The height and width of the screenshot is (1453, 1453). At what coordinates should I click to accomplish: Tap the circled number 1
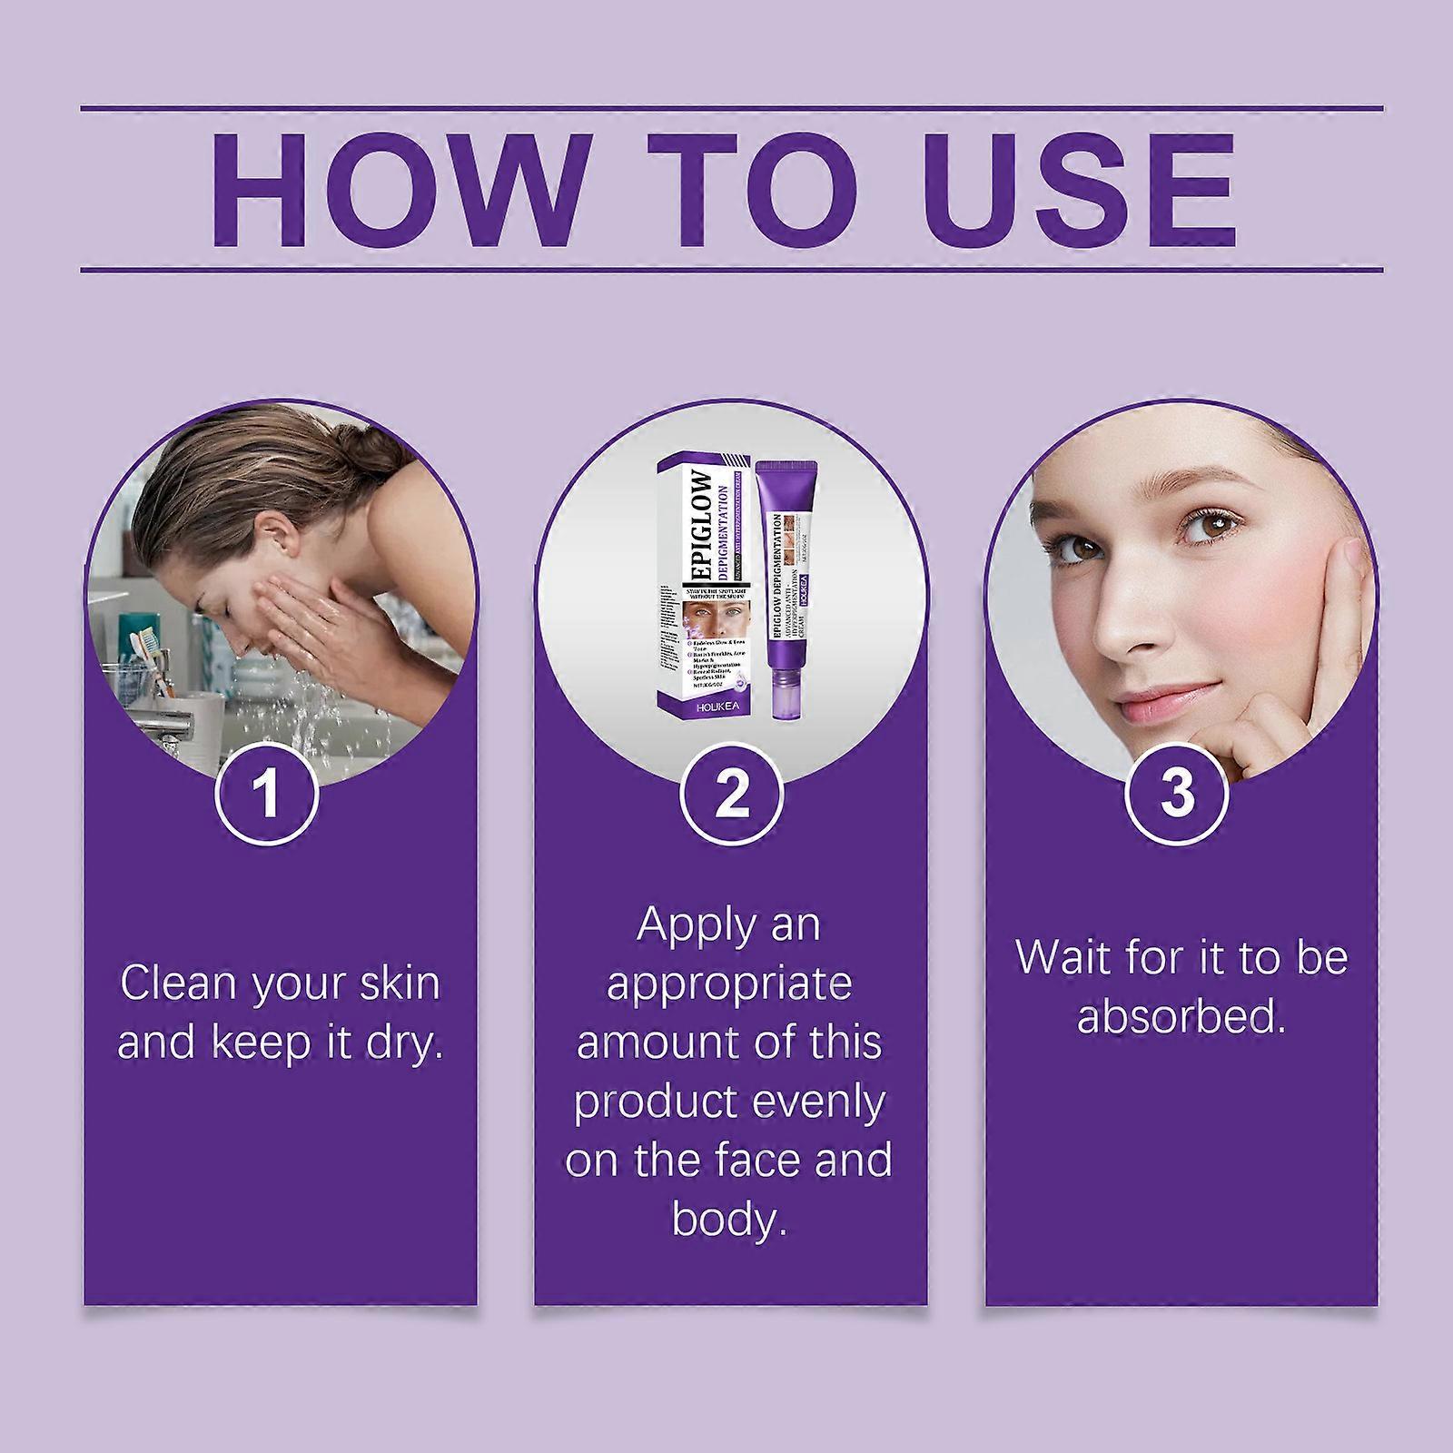pos(266,793)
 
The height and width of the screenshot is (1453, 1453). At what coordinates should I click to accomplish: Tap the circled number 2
pos(732,793)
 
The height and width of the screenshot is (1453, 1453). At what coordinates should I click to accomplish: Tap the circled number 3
pos(1177,793)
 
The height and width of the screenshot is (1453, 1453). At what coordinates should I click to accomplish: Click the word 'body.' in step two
pos(729,1220)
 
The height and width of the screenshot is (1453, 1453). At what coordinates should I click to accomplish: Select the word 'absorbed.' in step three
pos(1181,1017)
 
